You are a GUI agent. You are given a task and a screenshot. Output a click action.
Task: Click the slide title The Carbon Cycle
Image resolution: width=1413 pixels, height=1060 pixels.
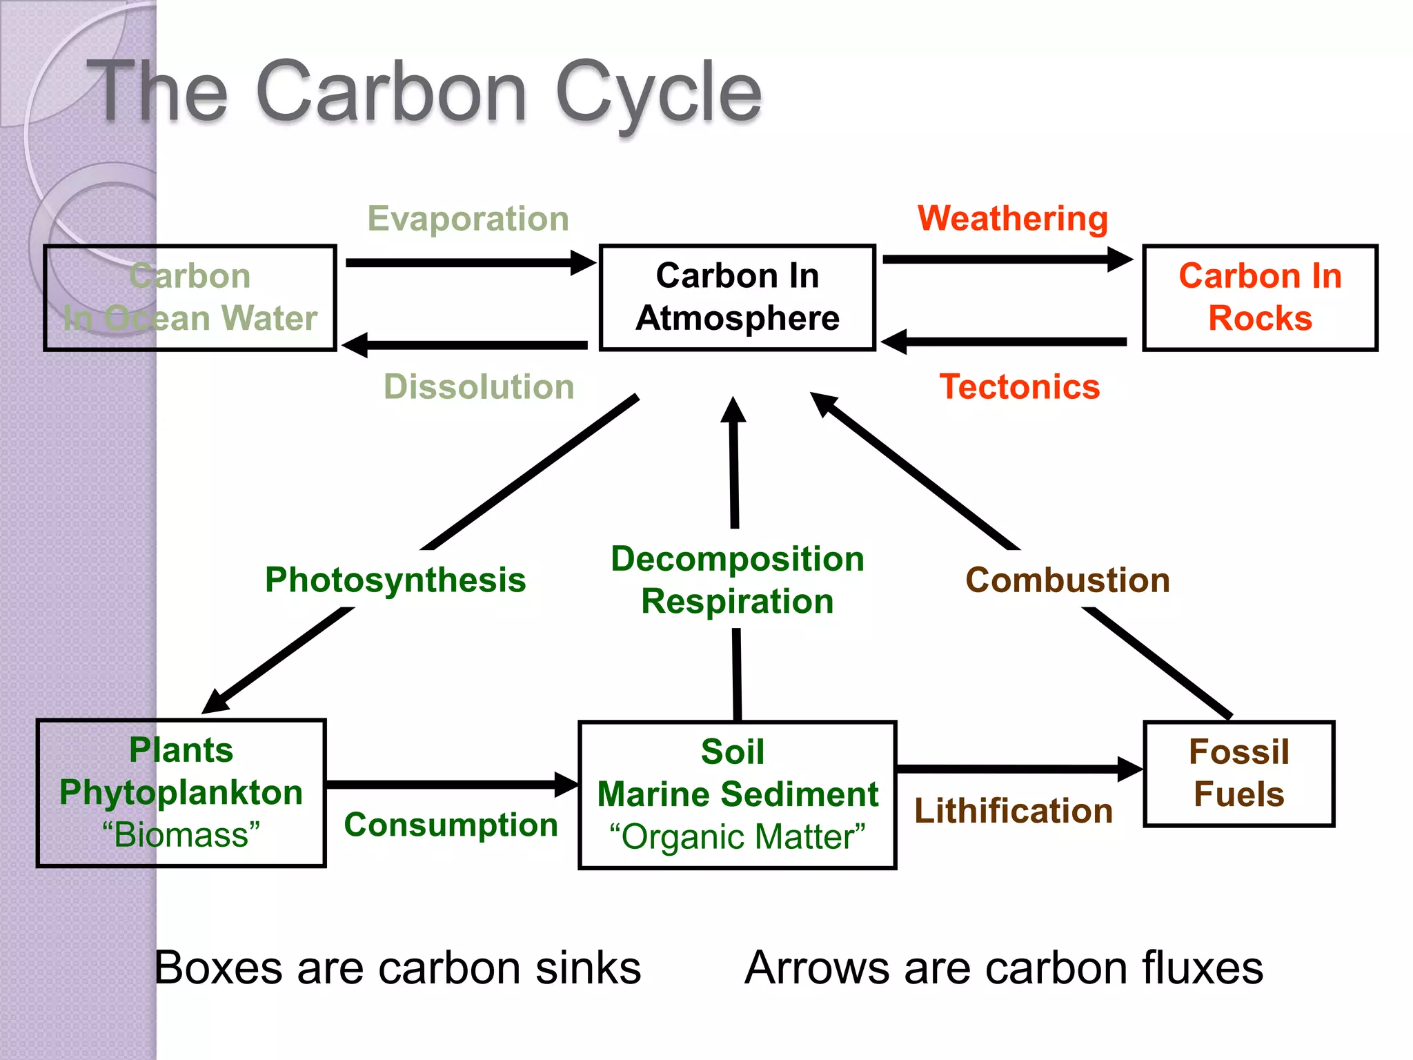[424, 92]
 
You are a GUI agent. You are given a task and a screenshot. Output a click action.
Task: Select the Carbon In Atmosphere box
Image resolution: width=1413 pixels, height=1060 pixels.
[737, 297]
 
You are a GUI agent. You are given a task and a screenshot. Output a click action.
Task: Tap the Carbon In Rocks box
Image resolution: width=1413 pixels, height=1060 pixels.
[1259, 297]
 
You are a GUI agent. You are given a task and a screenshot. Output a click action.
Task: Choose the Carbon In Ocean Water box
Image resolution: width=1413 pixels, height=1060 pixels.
[190, 297]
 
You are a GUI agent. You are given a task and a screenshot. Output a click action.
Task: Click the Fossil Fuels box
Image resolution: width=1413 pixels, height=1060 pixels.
[1238, 773]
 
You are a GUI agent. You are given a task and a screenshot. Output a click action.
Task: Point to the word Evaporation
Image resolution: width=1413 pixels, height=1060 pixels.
[468, 219]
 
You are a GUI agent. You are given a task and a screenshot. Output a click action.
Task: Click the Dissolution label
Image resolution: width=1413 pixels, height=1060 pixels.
[479, 386]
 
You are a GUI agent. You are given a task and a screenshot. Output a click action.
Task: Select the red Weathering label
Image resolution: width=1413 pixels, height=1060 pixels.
[1012, 219]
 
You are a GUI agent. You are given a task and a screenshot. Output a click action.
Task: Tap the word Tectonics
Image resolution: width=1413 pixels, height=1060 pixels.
[1019, 386]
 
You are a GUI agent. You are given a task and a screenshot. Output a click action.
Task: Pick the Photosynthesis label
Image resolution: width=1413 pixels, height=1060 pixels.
[395, 580]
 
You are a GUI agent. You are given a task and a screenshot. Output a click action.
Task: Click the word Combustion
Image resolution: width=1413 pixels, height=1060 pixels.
[1067, 580]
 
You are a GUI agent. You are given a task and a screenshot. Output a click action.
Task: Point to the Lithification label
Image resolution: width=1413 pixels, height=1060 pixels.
[1013, 811]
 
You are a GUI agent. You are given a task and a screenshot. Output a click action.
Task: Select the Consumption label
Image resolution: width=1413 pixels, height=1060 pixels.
[451, 825]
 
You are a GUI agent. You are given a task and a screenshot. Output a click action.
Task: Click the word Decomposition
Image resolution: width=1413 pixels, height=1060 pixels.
[737, 559]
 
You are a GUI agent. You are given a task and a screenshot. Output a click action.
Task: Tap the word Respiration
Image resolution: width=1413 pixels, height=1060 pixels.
[737, 601]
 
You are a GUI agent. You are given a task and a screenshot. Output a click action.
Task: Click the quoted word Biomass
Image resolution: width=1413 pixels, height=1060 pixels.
[181, 835]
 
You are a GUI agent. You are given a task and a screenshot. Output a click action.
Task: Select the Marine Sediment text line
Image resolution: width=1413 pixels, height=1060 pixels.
[737, 794]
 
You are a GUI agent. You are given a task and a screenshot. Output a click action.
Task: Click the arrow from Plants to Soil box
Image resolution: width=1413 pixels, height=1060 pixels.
[448, 785]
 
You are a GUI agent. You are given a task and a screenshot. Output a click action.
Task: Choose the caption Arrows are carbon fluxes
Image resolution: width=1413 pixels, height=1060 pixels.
[1004, 968]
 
